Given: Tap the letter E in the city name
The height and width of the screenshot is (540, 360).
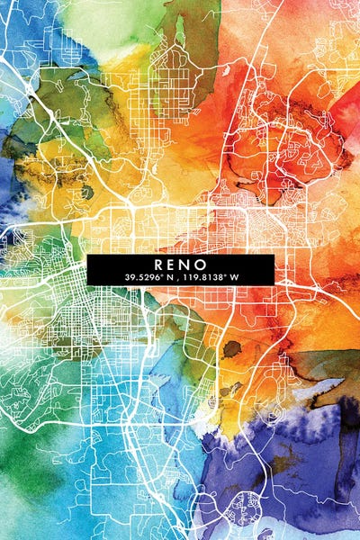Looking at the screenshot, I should [173, 265].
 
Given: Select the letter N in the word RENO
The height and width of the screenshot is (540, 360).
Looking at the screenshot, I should [187, 265].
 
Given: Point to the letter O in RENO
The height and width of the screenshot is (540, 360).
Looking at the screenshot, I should [202, 265].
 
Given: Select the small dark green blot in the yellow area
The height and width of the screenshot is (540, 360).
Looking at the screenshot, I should [87, 192].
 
